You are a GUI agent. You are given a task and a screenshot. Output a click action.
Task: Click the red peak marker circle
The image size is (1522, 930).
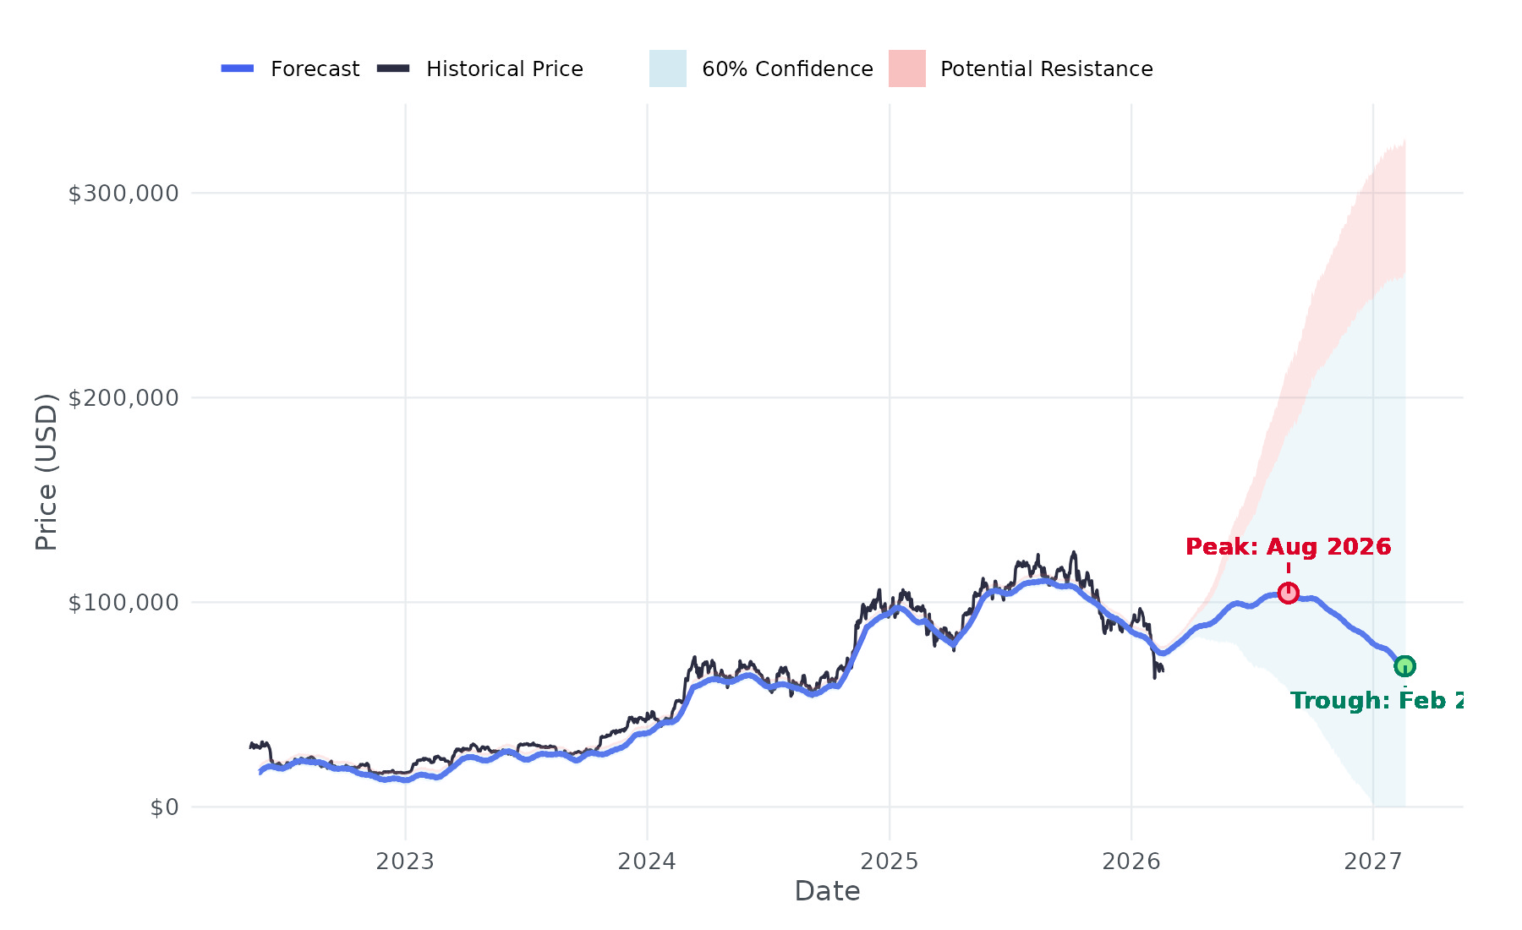(1288, 593)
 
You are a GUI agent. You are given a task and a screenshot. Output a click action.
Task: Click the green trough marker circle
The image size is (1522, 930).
(1404, 666)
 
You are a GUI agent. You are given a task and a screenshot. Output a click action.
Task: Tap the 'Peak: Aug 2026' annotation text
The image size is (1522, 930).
(1288, 547)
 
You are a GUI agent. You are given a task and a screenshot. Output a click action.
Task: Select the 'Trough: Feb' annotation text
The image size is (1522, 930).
(1377, 701)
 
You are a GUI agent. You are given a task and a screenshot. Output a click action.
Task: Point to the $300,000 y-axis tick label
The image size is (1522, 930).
(123, 194)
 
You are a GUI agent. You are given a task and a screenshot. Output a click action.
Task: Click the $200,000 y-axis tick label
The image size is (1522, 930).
(123, 398)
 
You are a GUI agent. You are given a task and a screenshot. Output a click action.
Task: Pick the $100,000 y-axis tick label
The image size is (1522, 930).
(123, 603)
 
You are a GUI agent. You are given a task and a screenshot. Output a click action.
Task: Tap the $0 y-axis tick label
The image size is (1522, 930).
(164, 807)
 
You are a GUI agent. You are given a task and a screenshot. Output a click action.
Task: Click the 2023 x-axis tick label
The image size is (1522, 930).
(405, 862)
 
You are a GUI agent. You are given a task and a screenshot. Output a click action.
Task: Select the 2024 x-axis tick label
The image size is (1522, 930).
(647, 862)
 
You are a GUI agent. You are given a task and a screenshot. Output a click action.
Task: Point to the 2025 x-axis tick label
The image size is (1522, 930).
(889, 862)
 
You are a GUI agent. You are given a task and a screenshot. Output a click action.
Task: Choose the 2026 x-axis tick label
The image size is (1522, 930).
(1131, 862)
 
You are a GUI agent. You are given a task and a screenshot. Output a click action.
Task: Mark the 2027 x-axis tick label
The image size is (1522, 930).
(1373, 862)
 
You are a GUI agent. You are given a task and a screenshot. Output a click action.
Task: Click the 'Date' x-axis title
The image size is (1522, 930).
(827, 891)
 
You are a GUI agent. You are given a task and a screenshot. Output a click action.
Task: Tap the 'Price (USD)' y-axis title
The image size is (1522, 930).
(47, 472)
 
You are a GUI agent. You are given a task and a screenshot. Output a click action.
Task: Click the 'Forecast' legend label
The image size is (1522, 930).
(315, 69)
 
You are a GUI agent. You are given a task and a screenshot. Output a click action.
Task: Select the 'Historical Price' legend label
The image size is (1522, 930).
(505, 69)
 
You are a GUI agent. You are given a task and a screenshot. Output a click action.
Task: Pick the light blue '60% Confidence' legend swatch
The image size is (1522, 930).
(668, 68)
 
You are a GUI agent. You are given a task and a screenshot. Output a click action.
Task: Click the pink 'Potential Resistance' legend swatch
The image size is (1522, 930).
(907, 68)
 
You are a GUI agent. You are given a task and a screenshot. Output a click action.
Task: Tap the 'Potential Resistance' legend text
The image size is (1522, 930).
(1047, 69)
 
